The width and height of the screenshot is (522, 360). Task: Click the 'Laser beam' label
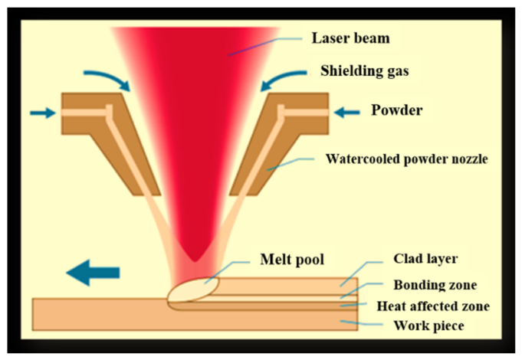pyautogui.click(x=350, y=38)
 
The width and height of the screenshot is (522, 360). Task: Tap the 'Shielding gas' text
pyautogui.click(x=365, y=71)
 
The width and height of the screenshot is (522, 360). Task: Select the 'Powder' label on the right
pyautogui.click(x=397, y=110)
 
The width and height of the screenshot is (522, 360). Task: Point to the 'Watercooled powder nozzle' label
pyautogui.click(x=407, y=159)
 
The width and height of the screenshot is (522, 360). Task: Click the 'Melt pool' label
pyautogui.click(x=292, y=260)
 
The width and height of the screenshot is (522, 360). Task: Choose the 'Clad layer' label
pyautogui.click(x=425, y=259)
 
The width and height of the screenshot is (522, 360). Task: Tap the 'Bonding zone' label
pyautogui.click(x=435, y=285)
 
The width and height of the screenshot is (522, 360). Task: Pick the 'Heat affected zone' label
pyautogui.click(x=433, y=306)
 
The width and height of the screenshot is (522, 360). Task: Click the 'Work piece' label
pyautogui.click(x=428, y=326)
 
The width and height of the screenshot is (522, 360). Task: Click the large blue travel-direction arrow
pyautogui.click(x=93, y=273)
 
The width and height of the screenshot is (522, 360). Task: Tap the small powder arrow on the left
pyautogui.click(x=43, y=113)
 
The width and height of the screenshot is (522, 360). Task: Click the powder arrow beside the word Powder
pyautogui.click(x=347, y=113)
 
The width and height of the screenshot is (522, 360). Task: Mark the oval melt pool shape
pyautogui.click(x=193, y=290)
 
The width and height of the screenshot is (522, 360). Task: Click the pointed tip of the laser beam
pyautogui.click(x=195, y=261)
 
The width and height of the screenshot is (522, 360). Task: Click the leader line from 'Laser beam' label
pyautogui.click(x=265, y=47)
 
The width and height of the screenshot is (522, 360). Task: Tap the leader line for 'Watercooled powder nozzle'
pyautogui.click(x=291, y=165)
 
